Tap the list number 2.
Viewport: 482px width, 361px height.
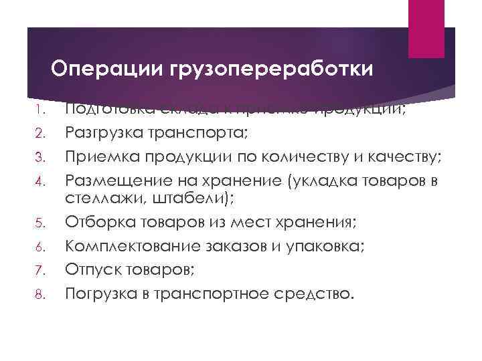click(x=39, y=134)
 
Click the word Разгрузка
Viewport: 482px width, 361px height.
click(x=97, y=134)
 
